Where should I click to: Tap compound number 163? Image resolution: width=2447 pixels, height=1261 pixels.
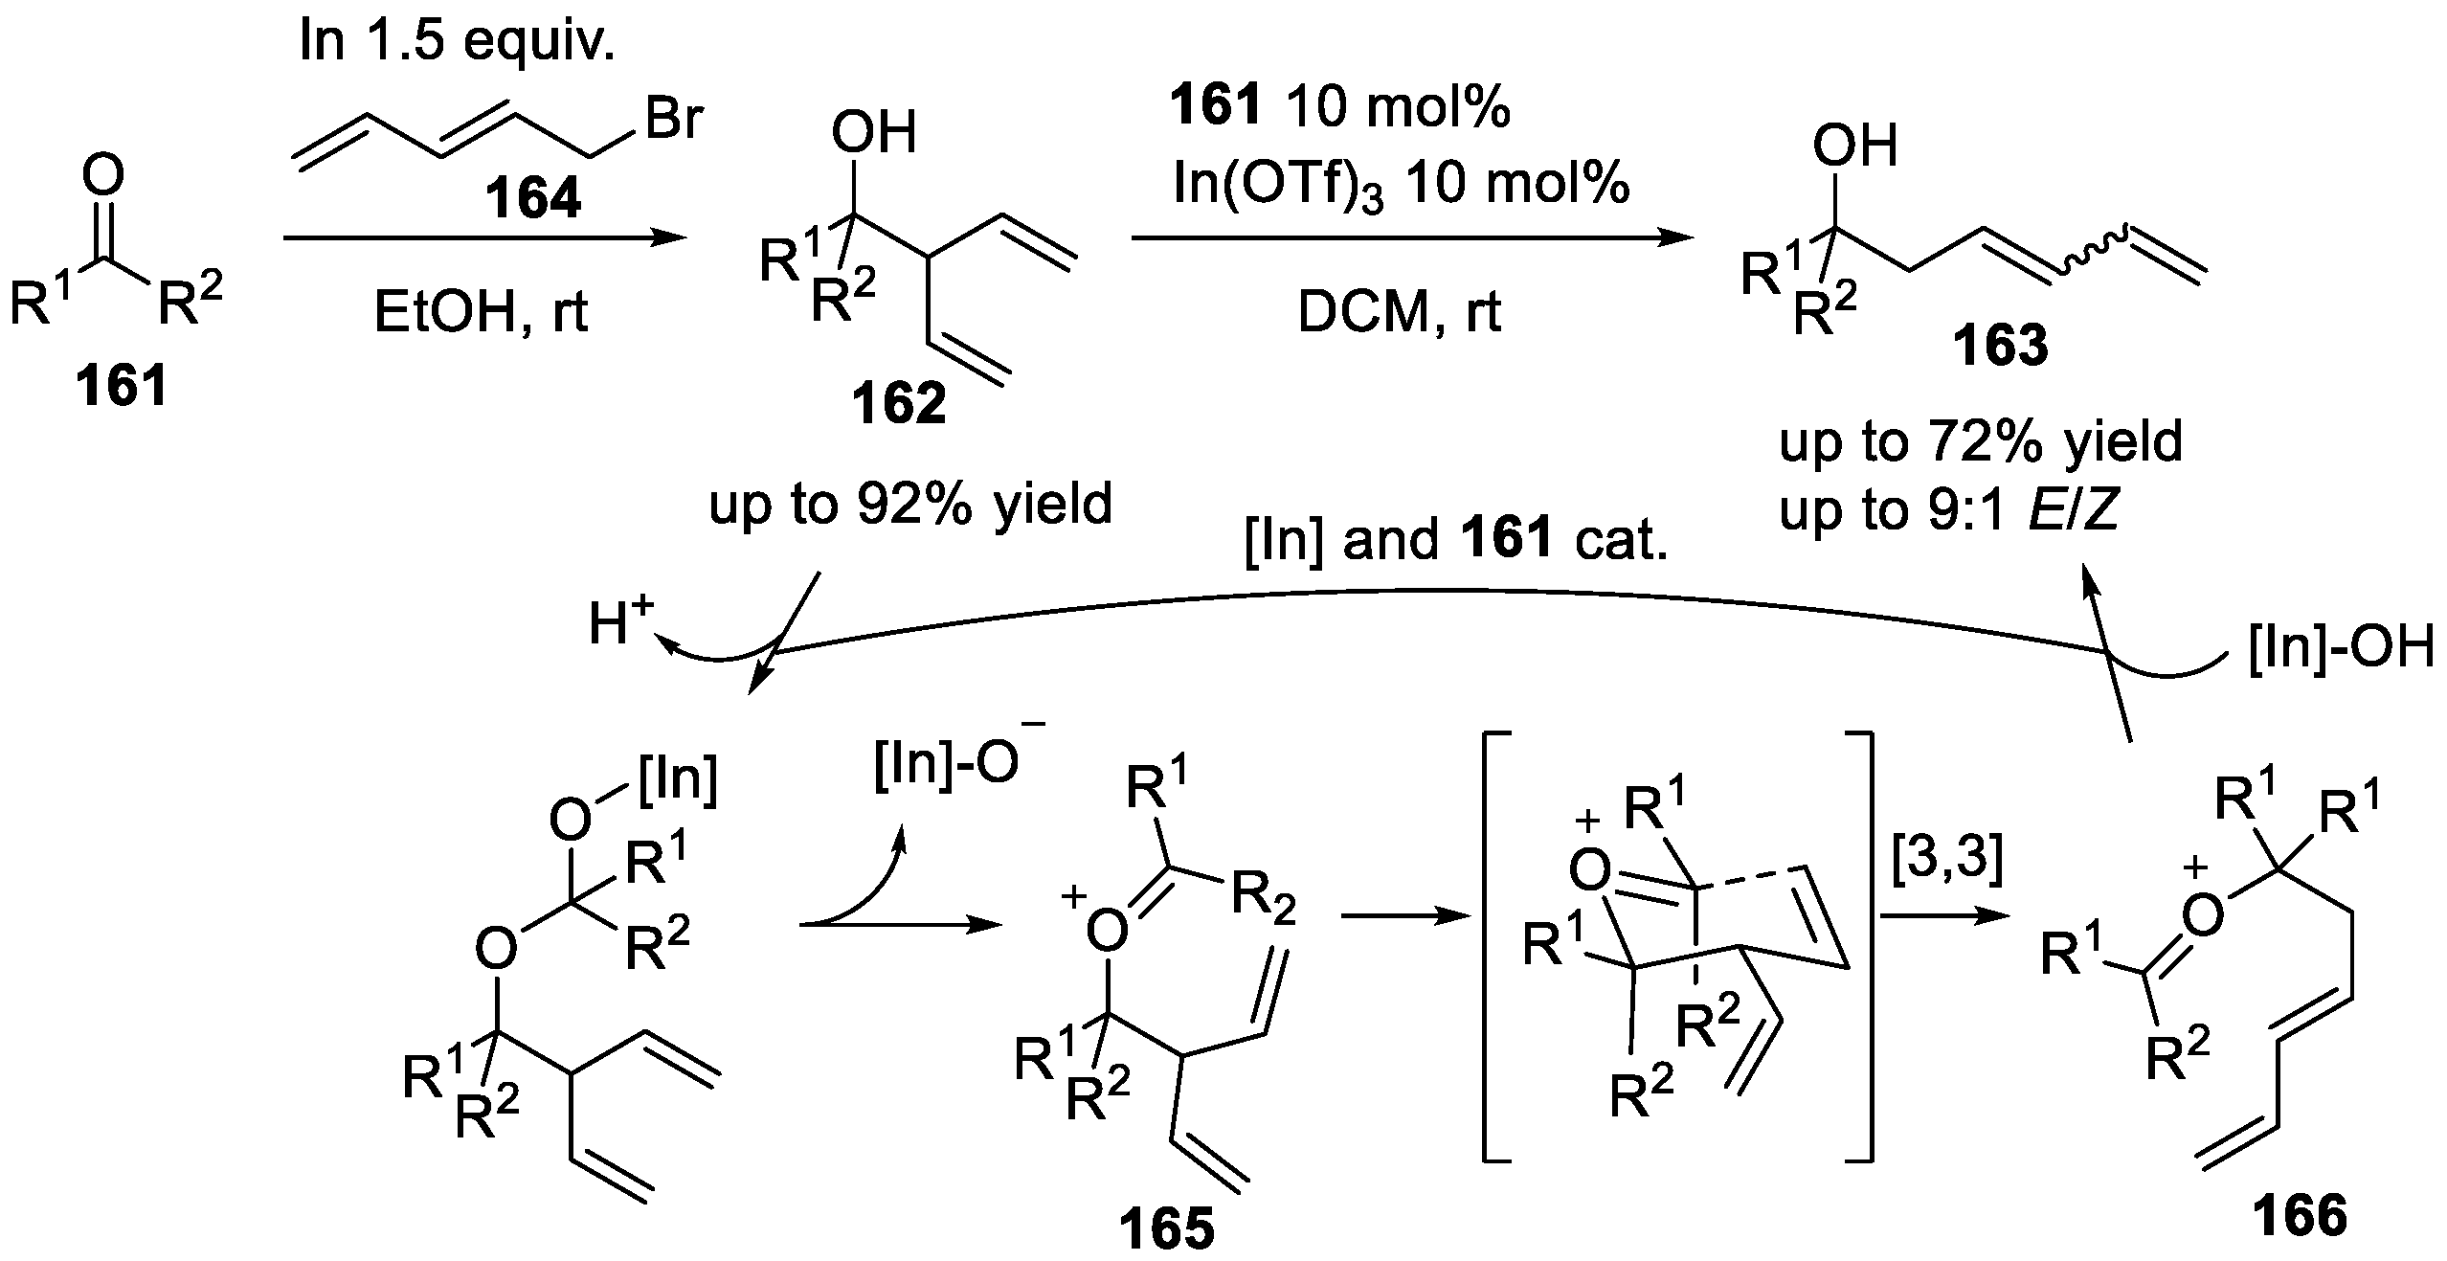pos(2001,347)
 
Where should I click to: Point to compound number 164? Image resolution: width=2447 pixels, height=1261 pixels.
pos(533,199)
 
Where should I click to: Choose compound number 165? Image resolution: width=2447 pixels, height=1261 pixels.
pos(1168,1230)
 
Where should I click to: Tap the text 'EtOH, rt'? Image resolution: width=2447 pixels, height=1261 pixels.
pos(481,312)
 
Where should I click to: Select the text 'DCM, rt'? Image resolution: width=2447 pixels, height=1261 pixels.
pos(1399,312)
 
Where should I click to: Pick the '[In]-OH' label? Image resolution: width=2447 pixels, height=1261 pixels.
pos(2339,647)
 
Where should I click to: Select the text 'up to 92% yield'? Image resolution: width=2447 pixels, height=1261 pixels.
pos(910,504)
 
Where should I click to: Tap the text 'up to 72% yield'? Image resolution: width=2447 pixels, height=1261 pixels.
pos(1981,441)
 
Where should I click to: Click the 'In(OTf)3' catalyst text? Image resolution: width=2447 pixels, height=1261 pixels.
pos(1279,184)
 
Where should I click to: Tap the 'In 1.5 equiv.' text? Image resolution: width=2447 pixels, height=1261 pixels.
pos(457,43)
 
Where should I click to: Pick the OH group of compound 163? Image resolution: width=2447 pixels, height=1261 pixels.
pos(1854,148)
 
